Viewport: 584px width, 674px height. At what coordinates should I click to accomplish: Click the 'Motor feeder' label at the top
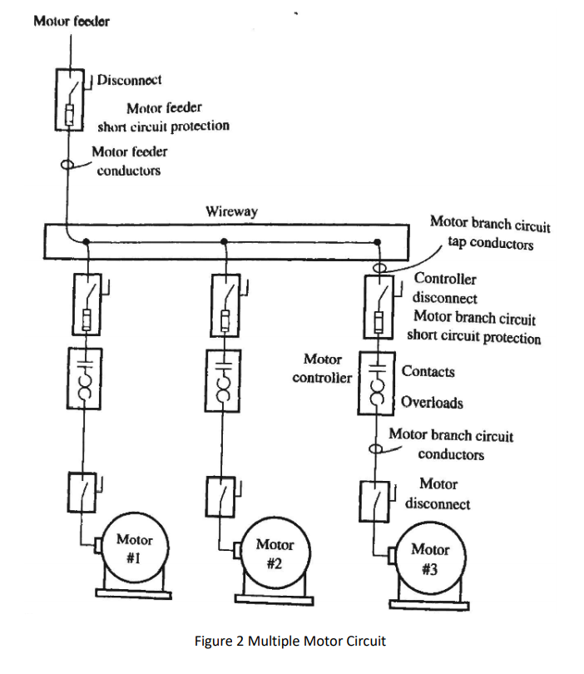(x=71, y=21)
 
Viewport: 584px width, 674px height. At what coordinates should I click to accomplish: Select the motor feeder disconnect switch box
(x=71, y=99)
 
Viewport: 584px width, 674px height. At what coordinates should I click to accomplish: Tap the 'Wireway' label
(x=231, y=211)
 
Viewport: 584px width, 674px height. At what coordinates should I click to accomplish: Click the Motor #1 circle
(x=133, y=551)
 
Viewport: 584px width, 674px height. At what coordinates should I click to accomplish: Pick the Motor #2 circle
(x=274, y=555)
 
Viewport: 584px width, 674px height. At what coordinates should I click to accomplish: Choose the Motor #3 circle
(x=429, y=559)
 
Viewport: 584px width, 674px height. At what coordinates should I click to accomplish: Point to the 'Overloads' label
(x=432, y=403)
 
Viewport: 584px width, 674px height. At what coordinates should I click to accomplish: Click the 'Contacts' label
(x=428, y=371)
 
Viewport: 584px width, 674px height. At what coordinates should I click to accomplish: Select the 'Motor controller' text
(x=322, y=369)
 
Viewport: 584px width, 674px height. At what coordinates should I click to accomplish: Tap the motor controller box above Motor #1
(x=83, y=379)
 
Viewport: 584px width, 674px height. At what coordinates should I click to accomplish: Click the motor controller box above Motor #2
(x=223, y=379)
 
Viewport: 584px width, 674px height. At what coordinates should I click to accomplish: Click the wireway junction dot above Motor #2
(x=224, y=242)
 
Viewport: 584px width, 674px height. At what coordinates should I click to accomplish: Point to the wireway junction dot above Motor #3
(x=377, y=242)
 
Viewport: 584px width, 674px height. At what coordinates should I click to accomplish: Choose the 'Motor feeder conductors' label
(x=129, y=161)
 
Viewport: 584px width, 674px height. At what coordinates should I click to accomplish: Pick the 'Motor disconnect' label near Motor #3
(x=438, y=493)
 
